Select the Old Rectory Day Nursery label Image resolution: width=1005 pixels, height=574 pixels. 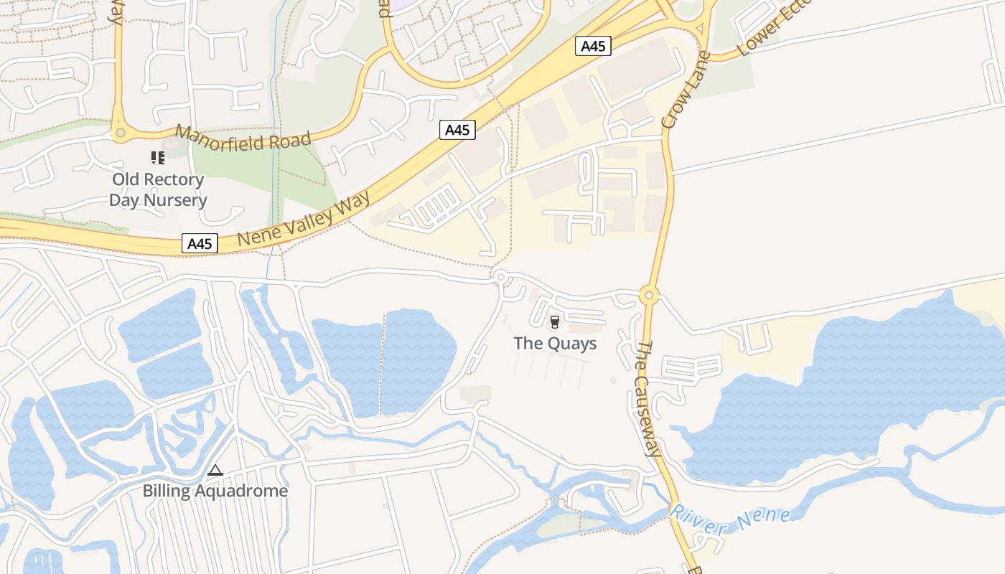158,189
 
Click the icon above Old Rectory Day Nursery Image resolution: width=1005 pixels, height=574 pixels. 157,158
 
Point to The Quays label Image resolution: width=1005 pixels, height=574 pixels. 555,344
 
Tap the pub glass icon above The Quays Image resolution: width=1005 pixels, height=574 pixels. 554,322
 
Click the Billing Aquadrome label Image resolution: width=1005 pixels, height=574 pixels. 215,491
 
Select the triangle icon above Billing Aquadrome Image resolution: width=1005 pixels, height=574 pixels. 215,471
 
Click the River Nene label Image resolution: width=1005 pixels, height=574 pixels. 730,520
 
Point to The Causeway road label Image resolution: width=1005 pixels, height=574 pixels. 648,398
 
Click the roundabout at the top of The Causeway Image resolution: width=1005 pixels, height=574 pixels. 649,295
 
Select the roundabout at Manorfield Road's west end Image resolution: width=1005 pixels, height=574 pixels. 120,133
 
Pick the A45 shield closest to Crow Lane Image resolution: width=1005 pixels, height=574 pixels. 593,47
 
